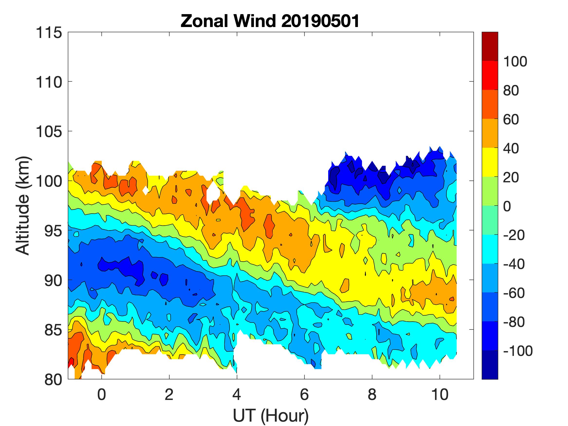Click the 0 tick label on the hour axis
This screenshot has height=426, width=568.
click(102, 394)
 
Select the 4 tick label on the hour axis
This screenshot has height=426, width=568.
click(237, 394)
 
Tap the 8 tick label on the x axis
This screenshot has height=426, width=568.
click(372, 394)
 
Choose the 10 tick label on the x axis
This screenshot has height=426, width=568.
click(440, 394)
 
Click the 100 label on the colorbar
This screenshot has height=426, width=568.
click(515, 62)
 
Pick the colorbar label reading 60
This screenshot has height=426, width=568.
click(511, 120)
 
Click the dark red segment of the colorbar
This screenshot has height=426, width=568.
click(490, 46)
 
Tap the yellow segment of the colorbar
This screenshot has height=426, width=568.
click(490, 162)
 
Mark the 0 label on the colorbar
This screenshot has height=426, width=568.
click(507, 206)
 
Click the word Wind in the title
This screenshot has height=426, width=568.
click(254, 21)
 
